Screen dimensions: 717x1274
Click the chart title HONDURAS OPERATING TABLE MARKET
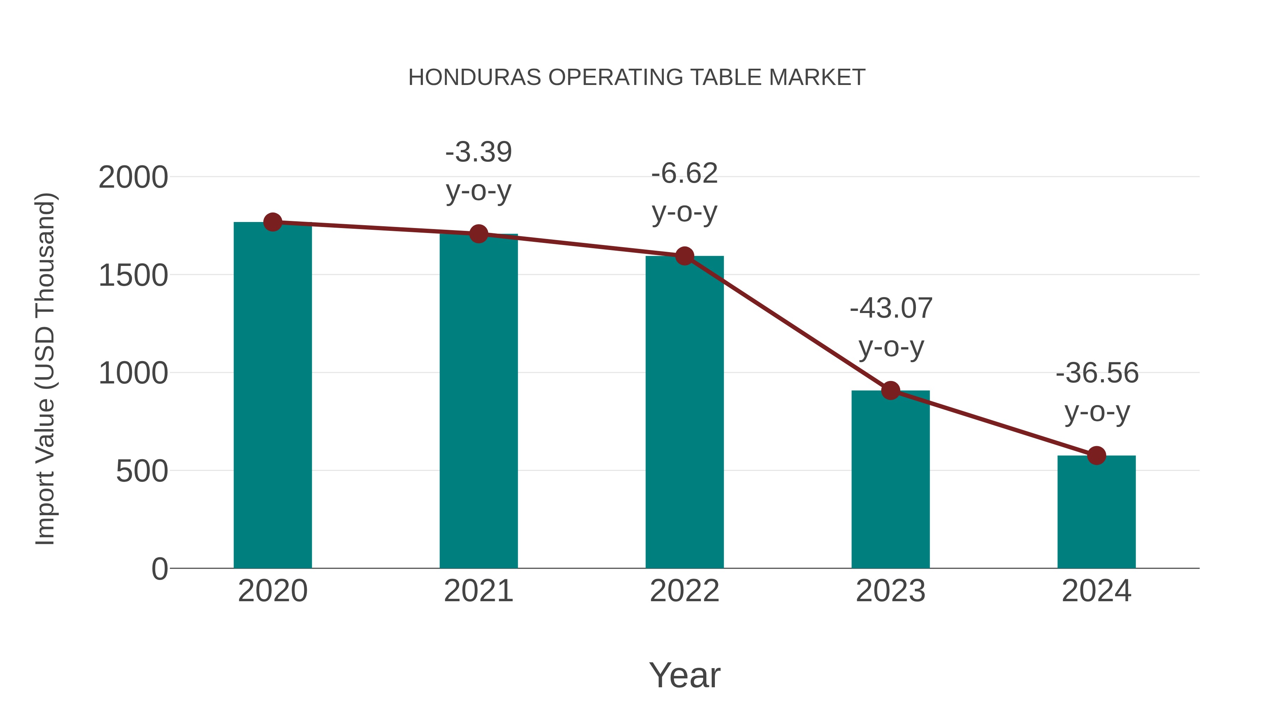point(637,78)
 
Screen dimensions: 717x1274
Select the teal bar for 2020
point(272,396)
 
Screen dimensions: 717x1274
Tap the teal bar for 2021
point(478,401)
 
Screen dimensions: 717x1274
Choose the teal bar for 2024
point(1096,512)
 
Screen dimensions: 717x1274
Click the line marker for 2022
point(684,256)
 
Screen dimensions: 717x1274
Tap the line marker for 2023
point(890,391)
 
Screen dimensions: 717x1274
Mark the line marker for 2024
point(1096,455)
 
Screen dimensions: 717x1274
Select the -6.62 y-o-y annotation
point(684,193)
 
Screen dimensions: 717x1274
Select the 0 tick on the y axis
point(159,569)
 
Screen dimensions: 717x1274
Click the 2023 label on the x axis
point(890,591)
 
